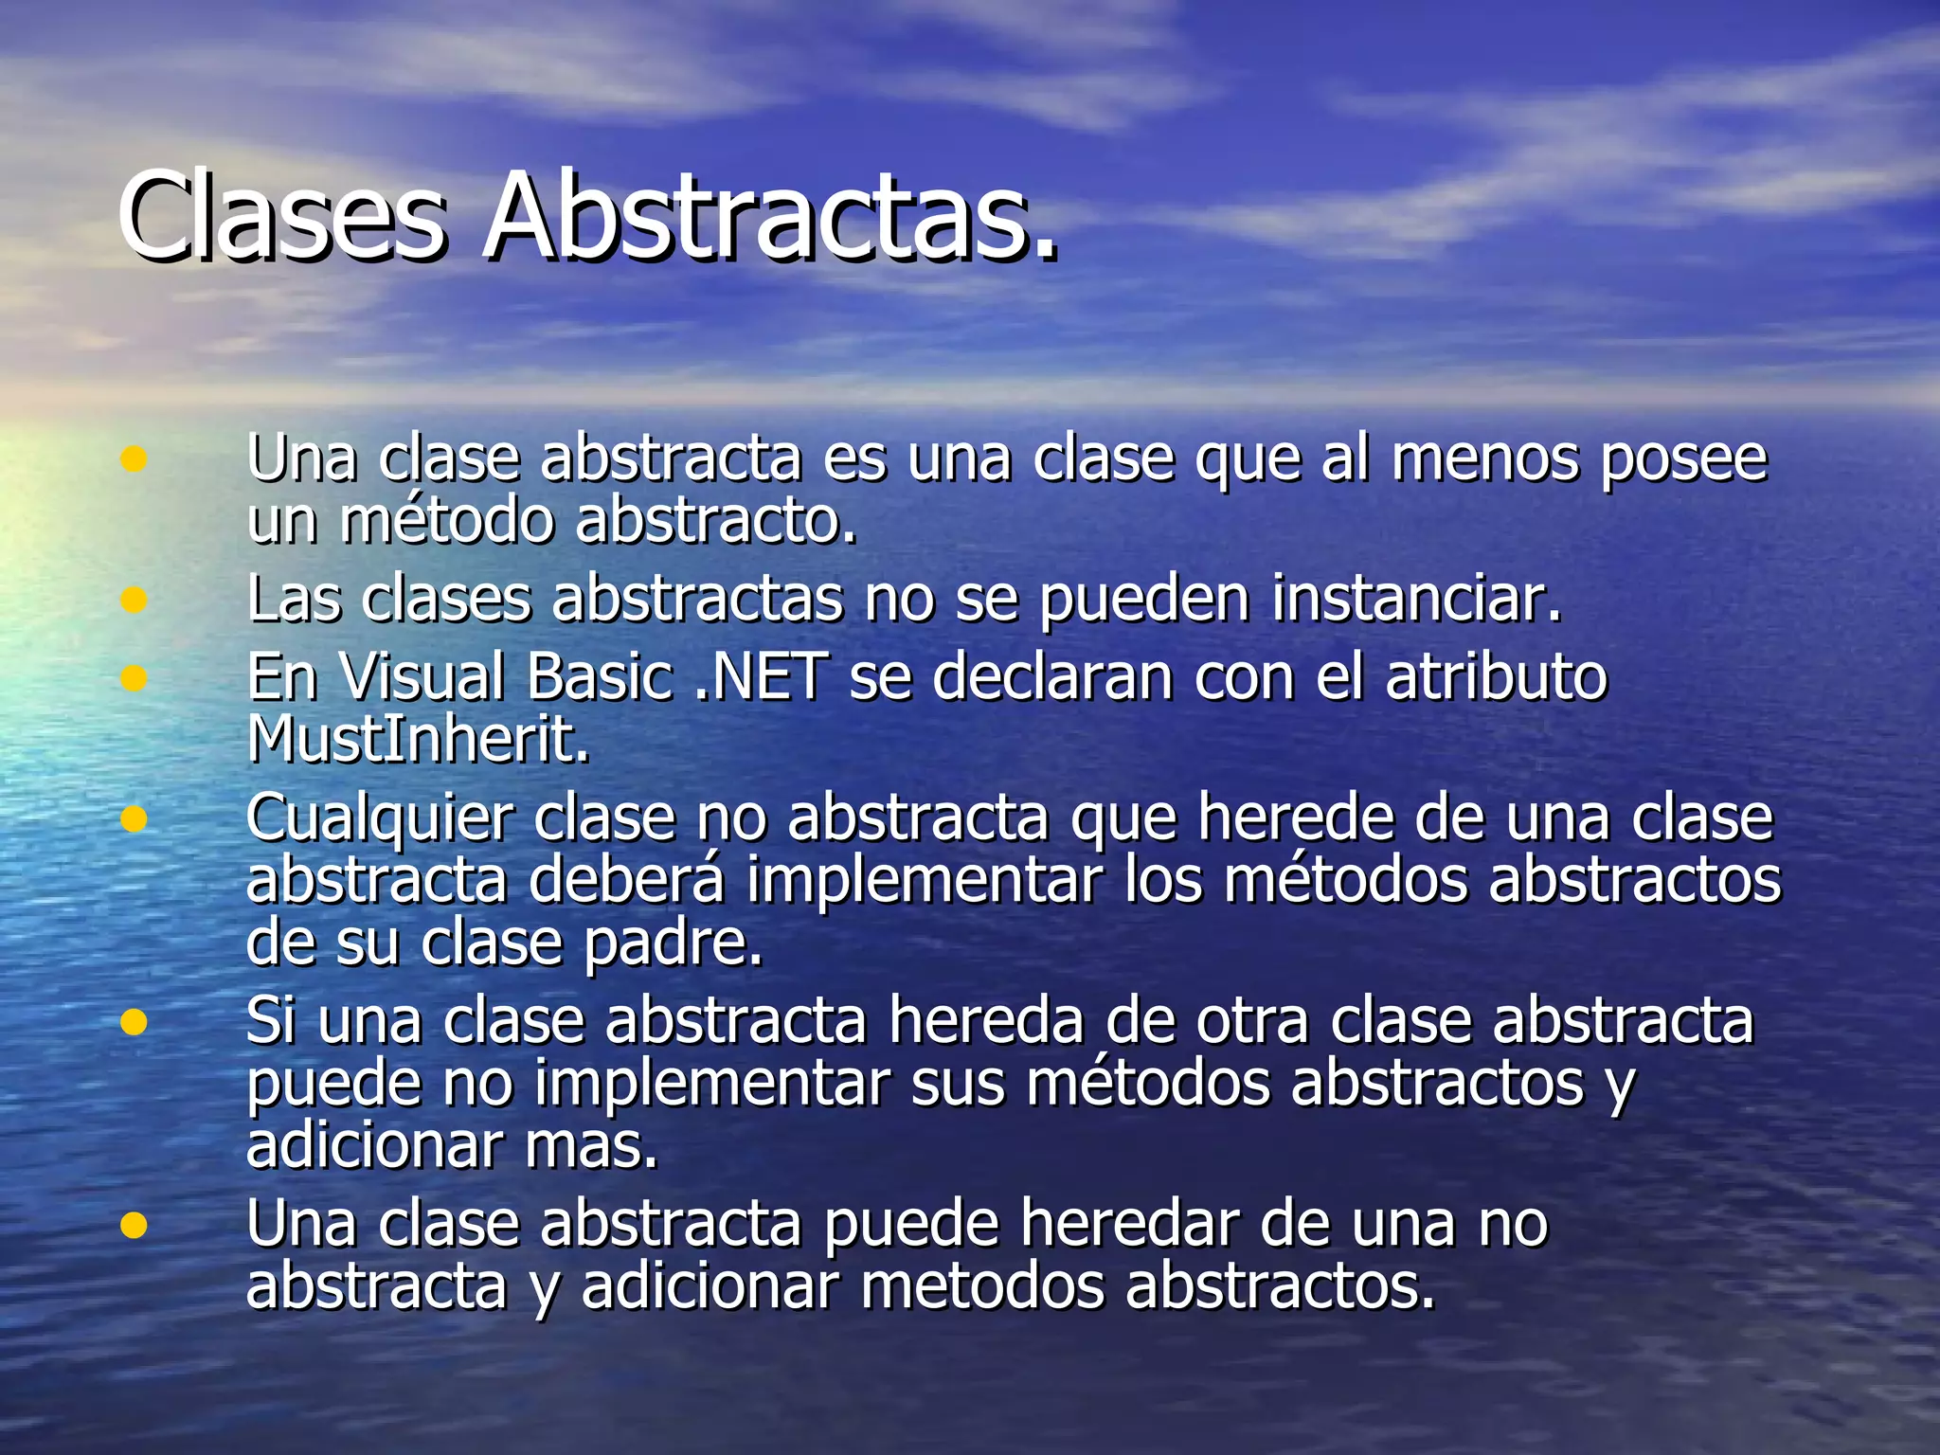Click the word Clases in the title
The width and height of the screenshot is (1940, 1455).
coord(281,217)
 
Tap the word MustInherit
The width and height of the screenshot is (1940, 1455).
coord(418,739)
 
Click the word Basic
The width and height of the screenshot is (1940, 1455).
coord(599,676)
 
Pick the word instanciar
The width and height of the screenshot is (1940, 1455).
coord(1415,599)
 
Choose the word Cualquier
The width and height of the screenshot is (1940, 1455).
coord(380,817)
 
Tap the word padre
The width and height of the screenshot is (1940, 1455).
coord(673,943)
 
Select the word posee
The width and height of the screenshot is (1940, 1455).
coord(1683,460)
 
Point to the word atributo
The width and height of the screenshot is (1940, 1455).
coord(1496,676)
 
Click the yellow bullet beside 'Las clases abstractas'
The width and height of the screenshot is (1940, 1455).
coord(134,600)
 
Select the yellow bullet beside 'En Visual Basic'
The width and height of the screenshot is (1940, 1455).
coord(134,677)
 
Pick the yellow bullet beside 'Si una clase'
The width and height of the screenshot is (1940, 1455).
coord(134,1022)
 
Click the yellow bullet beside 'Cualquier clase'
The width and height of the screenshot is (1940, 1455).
coord(134,818)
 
